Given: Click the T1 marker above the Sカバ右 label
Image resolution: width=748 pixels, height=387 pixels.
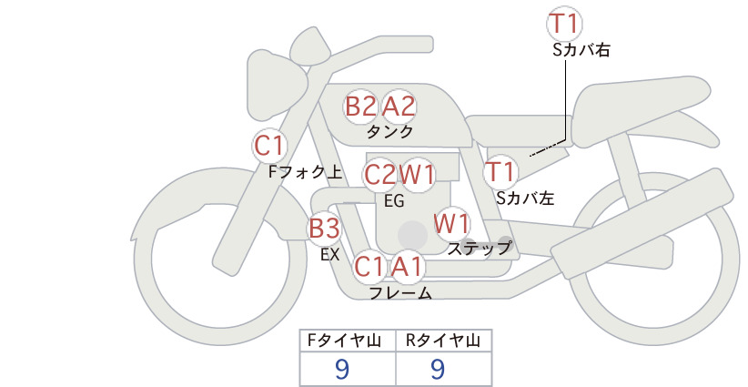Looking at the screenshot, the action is point(564,24).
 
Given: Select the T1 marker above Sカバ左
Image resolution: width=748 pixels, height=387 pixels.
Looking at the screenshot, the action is point(500,172).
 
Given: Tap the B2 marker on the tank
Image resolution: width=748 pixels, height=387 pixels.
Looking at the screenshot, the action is point(360,106).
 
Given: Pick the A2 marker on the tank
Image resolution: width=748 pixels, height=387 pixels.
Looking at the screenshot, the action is point(399,106).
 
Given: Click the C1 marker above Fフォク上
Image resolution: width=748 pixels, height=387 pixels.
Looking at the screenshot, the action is point(269,146).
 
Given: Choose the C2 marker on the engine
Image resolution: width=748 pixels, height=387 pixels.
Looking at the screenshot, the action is point(380,175).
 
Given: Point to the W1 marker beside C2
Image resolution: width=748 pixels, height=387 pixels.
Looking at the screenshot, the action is point(417,175).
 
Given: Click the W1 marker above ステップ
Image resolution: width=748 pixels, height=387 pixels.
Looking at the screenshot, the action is point(451,223).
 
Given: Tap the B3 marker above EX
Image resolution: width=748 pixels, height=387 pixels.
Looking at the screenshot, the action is point(324,228).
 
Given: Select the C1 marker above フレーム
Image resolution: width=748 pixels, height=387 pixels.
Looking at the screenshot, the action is point(369,266).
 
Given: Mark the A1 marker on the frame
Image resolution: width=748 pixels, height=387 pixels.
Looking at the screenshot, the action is point(407,266).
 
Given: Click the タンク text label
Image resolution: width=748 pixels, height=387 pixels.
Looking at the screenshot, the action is point(389,131).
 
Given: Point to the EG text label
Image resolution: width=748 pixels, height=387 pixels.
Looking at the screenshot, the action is point(394,201).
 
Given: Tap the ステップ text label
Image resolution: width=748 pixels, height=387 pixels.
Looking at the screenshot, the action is point(479,249).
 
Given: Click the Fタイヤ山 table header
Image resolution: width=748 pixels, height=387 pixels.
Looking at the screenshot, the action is point(344,341).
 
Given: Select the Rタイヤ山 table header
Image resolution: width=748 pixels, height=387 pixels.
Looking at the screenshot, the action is point(443,341).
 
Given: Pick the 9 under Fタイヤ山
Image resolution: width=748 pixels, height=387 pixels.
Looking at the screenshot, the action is point(342,369).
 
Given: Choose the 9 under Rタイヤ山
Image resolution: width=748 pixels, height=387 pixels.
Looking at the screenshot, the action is point(438,369).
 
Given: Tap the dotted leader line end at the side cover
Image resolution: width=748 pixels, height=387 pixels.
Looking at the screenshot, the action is point(531,155).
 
